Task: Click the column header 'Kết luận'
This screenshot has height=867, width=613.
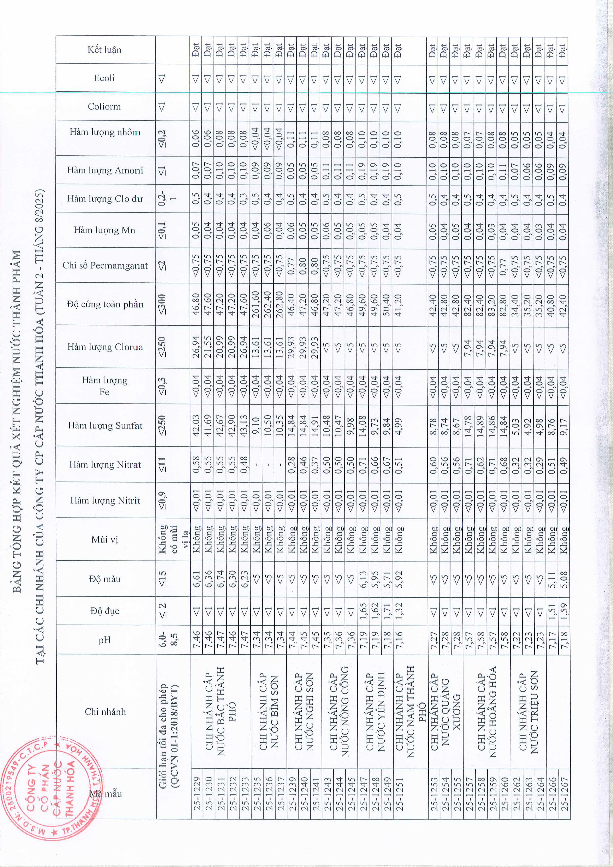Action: [x=105, y=49]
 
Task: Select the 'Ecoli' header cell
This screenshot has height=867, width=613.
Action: [x=105, y=78]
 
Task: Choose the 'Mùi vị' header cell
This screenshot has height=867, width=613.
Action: [x=105, y=539]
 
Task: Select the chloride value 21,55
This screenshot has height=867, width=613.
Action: [x=208, y=347]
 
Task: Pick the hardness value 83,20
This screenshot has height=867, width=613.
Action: [x=491, y=304]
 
